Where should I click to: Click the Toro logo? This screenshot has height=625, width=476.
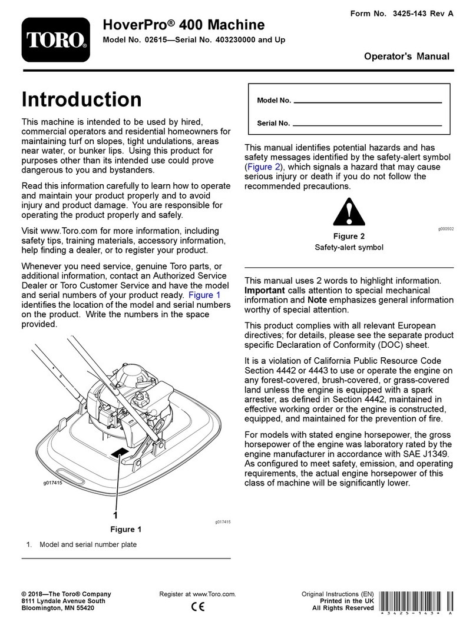pos(57,39)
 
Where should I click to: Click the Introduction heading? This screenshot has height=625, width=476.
pos(81,99)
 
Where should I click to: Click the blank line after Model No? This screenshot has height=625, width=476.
pos(367,102)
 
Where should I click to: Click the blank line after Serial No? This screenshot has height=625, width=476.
pos(367,125)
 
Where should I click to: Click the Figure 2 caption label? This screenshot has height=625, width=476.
pos(349,236)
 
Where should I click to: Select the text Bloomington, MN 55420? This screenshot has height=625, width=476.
pos(58,608)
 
